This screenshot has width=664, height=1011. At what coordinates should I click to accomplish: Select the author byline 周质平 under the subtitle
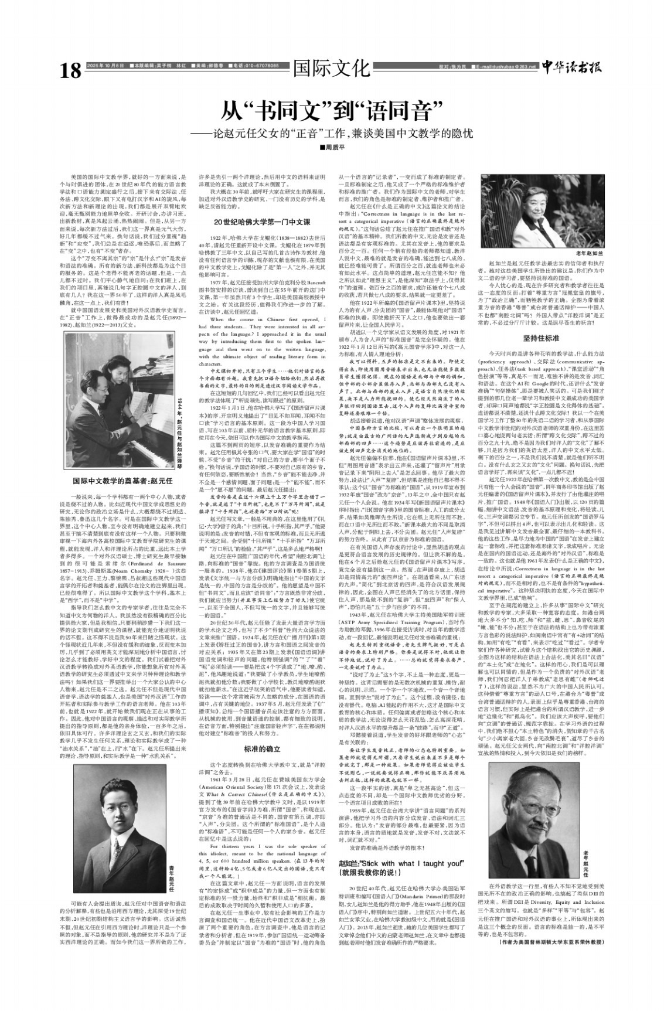pos(332,147)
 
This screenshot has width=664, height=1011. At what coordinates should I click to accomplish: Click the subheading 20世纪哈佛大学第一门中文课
pos(261,222)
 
